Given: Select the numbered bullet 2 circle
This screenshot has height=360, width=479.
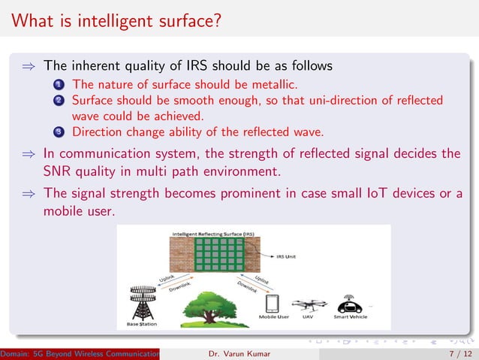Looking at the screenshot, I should (x=57, y=100).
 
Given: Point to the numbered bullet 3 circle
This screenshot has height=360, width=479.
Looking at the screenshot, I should (x=57, y=132).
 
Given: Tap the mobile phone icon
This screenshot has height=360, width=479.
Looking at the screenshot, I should (x=273, y=304).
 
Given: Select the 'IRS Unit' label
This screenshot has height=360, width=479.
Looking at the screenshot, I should (x=285, y=256).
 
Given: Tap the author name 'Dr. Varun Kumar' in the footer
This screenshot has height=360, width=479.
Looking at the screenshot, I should (x=239, y=352).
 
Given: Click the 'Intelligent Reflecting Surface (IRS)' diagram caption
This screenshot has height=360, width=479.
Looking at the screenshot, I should (x=213, y=234).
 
